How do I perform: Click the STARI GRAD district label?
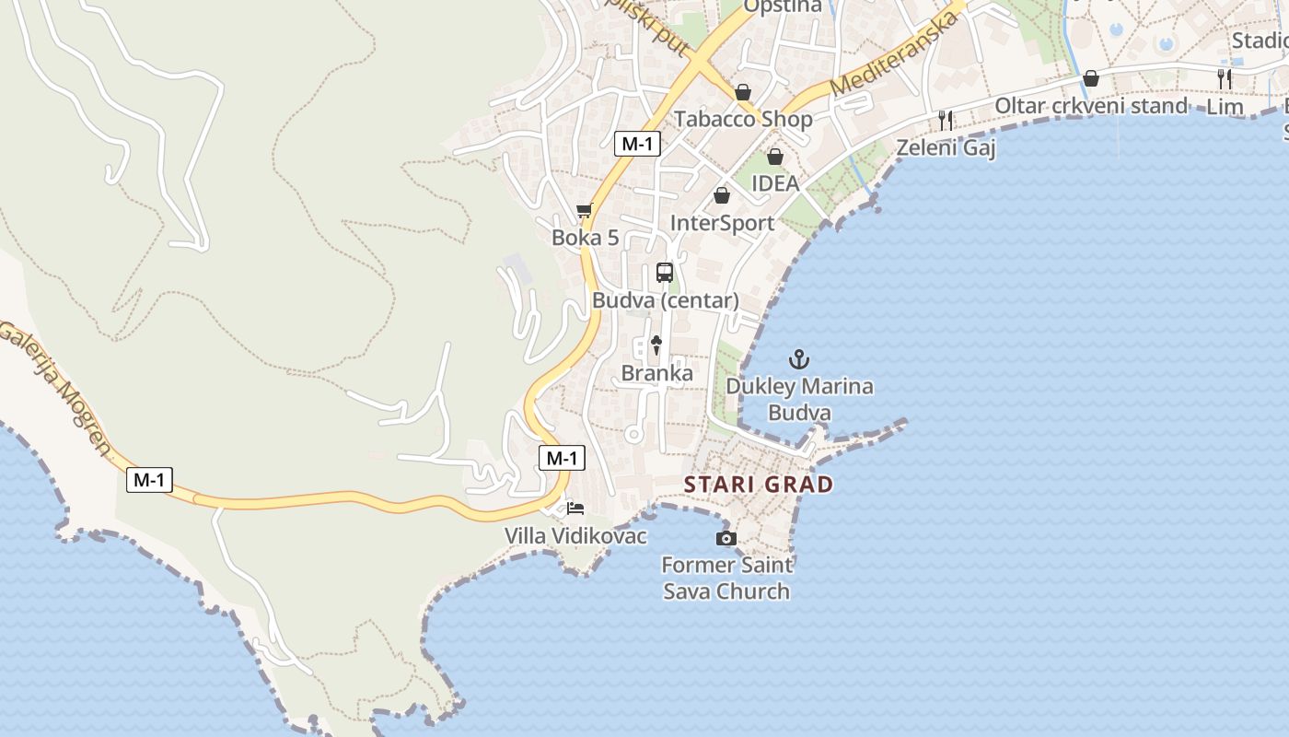click(x=759, y=485)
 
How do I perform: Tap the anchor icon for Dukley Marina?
click(x=799, y=359)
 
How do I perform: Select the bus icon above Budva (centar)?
click(x=665, y=273)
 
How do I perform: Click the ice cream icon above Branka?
click(x=656, y=345)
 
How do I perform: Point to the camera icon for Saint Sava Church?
click(x=726, y=538)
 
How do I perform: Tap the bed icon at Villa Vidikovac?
click(x=575, y=508)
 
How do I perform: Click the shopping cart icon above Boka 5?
click(x=584, y=211)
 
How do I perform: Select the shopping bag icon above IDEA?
click(x=775, y=157)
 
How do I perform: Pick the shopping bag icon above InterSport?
click(x=722, y=195)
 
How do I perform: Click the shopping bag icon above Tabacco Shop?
click(x=743, y=92)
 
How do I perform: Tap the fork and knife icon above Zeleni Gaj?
click(x=946, y=120)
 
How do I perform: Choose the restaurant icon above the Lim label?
click(x=1225, y=79)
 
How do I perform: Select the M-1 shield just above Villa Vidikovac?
click(x=562, y=458)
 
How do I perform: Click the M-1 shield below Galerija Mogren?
click(x=149, y=480)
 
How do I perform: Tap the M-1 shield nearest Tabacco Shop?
click(x=637, y=143)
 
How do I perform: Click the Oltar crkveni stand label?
click(x=1091, y=106)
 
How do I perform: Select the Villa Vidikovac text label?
click(x=575, y=536)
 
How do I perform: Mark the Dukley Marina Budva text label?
click(x=799, y=399)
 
